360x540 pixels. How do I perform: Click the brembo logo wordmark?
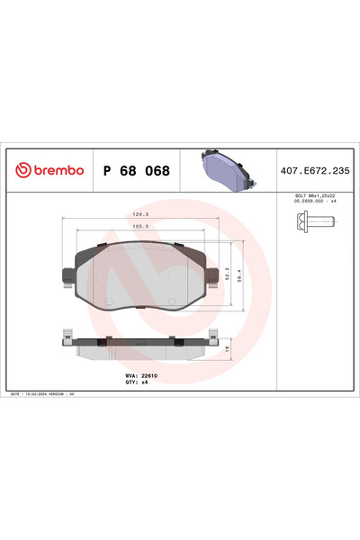click(56, 169)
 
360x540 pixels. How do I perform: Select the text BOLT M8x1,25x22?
click(315, 194)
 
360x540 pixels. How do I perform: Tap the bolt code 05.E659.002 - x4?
click(315, 201)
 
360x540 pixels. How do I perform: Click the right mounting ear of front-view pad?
click(212, 274)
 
